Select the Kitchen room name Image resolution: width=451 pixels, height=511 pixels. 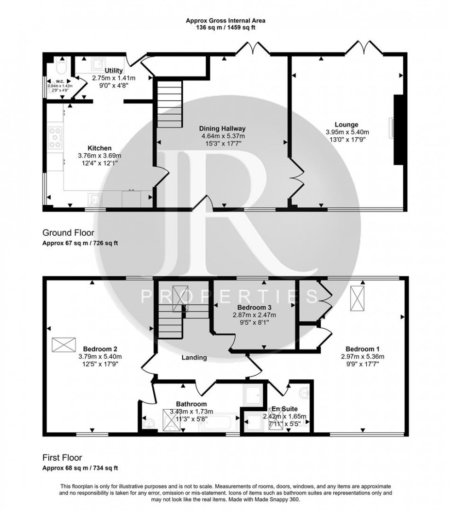pyautogui.click(x=100, y=148)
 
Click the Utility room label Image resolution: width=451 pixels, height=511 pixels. pyautogui.click(x=113, y=70)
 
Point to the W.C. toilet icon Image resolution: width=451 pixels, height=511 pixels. pyautogui.click(x=61, y=70)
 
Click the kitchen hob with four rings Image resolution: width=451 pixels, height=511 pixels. pyautogui.click(x=55, y=137)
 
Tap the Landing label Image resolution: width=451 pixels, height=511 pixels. pyautogui.click(x=194, y=357)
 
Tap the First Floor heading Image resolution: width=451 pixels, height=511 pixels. pyautogui.click(x=62, y=458)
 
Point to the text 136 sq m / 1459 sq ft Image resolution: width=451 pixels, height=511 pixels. pyautogui.click(x=225, y=27)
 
